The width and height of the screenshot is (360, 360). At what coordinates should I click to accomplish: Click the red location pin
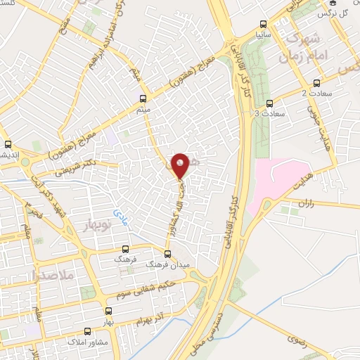181,165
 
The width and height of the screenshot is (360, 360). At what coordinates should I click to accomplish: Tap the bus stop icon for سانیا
262,21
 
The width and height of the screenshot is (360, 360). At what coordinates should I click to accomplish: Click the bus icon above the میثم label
143,98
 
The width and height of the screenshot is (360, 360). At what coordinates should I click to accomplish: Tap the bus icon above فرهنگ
125,248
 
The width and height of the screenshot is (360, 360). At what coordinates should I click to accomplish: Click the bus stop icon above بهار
108,310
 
